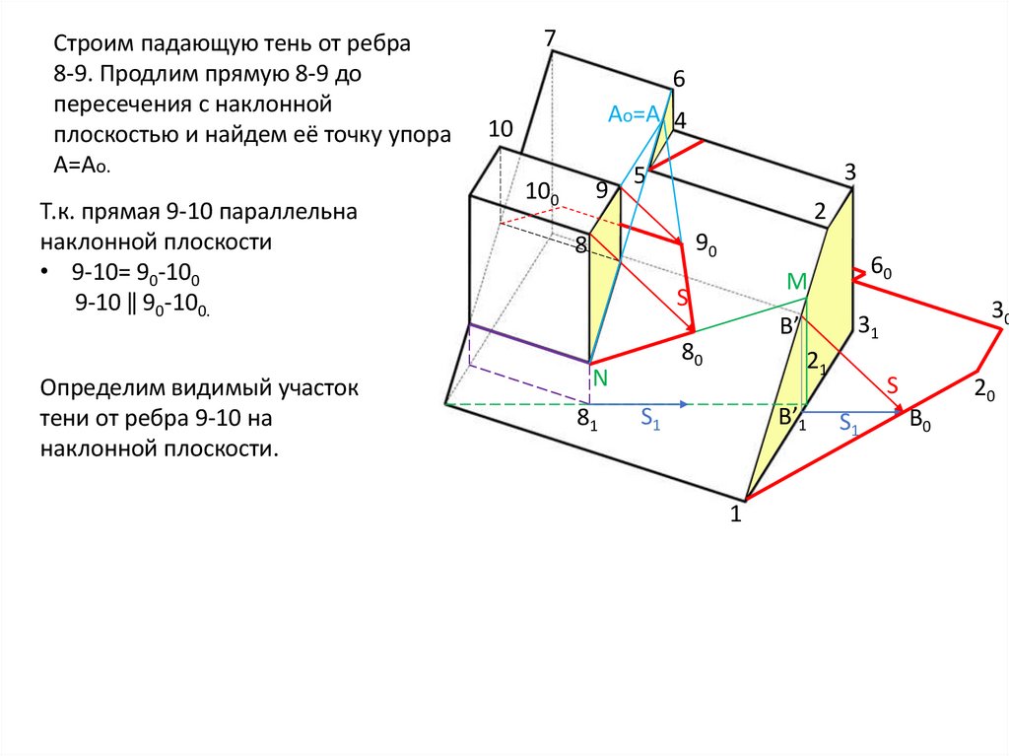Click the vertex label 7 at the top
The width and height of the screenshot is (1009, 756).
(550, 38)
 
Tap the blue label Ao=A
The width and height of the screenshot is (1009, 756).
(633, 115)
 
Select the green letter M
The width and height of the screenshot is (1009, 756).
(796, 283)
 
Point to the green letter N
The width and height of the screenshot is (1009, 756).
(599, 378)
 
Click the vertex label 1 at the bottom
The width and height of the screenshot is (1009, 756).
(735, 513)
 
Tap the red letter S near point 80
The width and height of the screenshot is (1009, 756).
(682, 298)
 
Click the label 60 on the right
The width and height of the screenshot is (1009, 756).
(880, 268)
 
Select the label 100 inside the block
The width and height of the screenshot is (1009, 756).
(541, 193)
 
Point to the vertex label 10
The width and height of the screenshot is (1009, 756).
(501, 129)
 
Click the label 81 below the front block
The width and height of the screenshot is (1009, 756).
(587, 419)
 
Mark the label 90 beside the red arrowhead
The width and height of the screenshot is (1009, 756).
(706, 244)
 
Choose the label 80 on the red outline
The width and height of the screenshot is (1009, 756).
(693, 355)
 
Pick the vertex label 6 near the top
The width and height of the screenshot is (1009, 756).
(678, 79)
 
